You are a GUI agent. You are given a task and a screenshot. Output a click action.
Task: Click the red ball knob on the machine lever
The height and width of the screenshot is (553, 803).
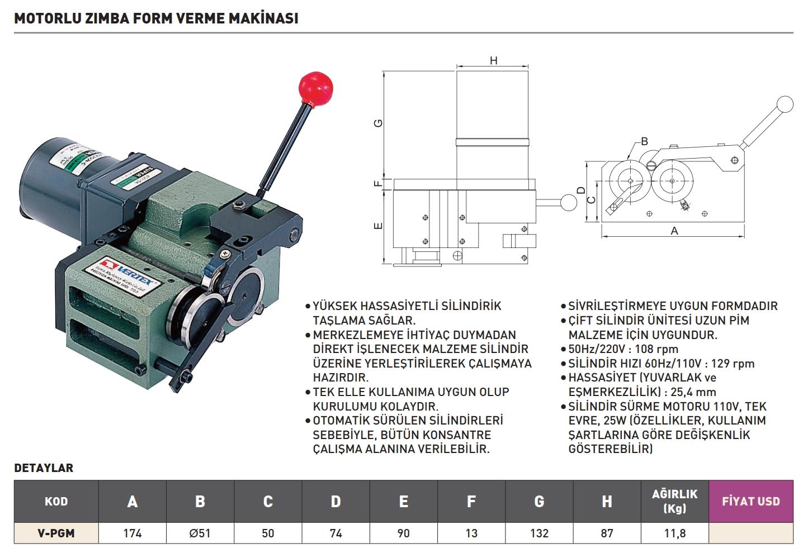316,89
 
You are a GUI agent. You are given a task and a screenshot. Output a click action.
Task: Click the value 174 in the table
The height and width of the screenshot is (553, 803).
132,533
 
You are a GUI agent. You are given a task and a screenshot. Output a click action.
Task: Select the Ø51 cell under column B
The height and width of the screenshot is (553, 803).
200,533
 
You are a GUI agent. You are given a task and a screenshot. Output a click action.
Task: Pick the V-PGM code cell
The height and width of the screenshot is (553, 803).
56,533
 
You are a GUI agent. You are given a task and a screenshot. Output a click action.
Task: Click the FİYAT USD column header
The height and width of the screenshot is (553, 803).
750,501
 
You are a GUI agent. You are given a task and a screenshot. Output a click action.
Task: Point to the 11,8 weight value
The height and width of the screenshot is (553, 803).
674,533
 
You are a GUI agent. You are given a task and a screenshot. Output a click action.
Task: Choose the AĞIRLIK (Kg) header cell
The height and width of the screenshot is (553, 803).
674,501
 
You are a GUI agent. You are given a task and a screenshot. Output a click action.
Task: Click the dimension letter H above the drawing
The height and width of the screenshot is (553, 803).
493,60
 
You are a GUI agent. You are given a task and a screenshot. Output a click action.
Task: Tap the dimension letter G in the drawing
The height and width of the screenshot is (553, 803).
379,123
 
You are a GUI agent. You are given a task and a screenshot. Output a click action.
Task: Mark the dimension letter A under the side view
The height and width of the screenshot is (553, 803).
674,231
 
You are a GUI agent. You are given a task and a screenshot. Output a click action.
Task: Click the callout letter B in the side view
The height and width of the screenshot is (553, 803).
644,141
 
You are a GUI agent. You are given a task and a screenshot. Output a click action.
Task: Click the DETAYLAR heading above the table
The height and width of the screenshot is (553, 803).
44,468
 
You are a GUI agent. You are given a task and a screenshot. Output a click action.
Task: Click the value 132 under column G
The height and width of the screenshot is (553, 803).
539,533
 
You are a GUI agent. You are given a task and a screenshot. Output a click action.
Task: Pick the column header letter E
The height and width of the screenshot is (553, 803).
403,501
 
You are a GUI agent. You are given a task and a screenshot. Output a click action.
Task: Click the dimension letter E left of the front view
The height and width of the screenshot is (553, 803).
379,226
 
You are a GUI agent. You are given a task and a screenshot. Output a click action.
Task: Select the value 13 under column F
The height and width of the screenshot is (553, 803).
471,533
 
